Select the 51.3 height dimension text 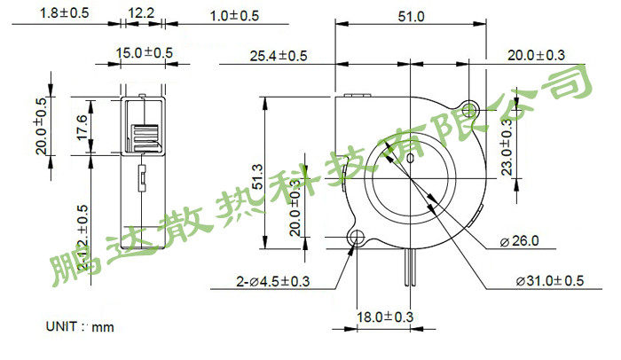258,176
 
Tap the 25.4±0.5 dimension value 279,56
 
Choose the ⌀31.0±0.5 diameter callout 550,281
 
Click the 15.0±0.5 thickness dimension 145,53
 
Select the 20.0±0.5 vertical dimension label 41,127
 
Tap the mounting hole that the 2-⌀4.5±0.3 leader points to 358,238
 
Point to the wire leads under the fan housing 408,266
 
